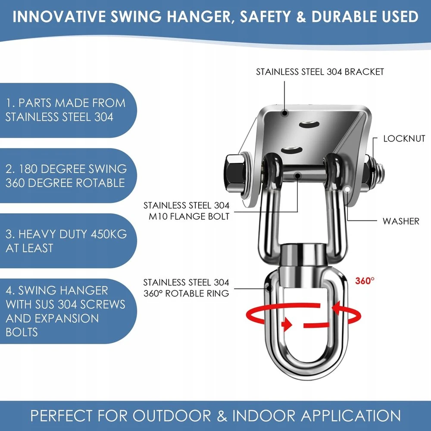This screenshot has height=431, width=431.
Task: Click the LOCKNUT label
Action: pyautogui.click(x=404, y=138)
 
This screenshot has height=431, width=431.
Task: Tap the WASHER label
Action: pyautogui.click(x=401, y=221)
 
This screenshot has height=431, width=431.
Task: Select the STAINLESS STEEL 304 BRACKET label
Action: pyautogui.click(x=320, y=72)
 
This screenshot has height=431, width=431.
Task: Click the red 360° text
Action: pyautogui.click(x=365, y=281)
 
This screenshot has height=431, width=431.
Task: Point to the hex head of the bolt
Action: pyautogui.click(x=234, y=173)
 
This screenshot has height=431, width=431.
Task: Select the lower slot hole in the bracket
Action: pyautogui.click(x=291, y=150)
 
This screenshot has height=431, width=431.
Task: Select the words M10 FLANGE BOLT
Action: pyautogui.click(x=189, y=217)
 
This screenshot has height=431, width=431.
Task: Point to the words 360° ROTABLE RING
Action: pyautogui.click(x=186, y=293)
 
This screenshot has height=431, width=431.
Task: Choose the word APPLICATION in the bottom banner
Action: pyautogui.click(x=351, y=415)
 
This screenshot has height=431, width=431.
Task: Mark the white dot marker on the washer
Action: pyautogui.click(x=348, y=189)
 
